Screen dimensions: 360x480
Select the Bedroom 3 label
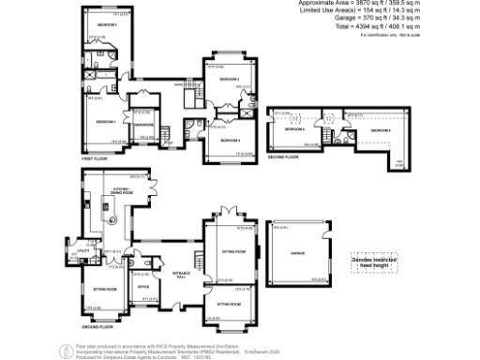point(105,25)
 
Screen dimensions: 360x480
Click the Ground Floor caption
point(97,327)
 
